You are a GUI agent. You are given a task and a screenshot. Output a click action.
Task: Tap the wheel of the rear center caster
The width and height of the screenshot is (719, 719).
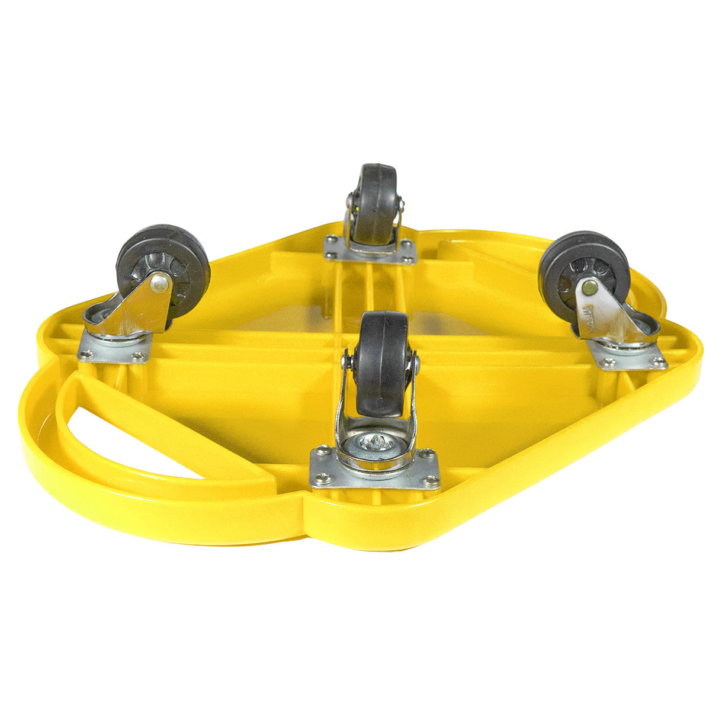[x=377, y=201]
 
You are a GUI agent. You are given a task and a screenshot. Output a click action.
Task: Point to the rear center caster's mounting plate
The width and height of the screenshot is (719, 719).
[x=370, y=251]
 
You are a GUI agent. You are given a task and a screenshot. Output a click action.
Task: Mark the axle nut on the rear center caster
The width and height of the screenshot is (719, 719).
[x=402, y=205]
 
